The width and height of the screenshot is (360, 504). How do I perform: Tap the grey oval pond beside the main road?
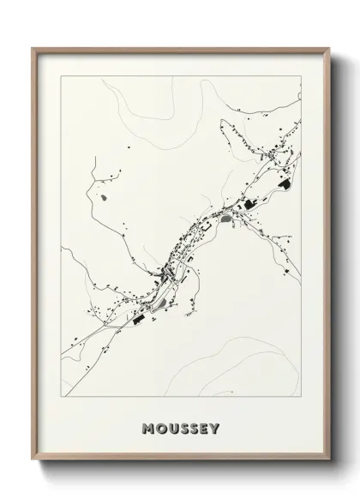click(225, 219)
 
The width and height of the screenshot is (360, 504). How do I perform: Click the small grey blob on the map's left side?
click(105, 198)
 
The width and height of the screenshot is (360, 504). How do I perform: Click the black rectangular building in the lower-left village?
click(137, 319)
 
